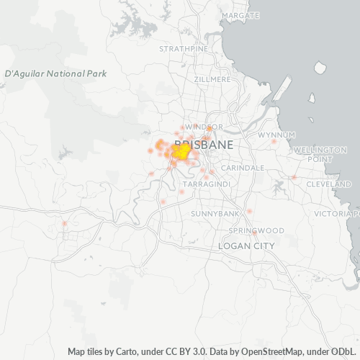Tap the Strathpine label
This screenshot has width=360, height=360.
coord(183,49)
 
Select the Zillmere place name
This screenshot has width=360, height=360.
coord(212,79)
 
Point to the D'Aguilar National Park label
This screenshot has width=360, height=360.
coord(55,73)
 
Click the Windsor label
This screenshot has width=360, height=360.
coord(199,127)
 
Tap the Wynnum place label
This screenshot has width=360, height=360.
coord(276,135)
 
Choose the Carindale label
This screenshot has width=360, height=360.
coord(242,167)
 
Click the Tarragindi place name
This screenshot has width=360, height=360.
coord(205,185)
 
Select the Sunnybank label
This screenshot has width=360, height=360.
coord(215,215)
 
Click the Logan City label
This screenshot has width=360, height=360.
coord(246,246)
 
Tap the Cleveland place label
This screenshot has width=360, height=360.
coord(328,184)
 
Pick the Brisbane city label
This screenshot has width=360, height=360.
coord(203,145)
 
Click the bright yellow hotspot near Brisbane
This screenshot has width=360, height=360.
coord(181,153)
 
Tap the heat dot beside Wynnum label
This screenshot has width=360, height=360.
coord(274,141)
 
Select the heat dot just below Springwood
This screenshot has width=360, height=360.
coord(254,233)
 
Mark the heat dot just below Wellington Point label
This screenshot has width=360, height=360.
coord(294,177)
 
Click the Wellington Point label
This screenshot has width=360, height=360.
coord(321,154)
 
